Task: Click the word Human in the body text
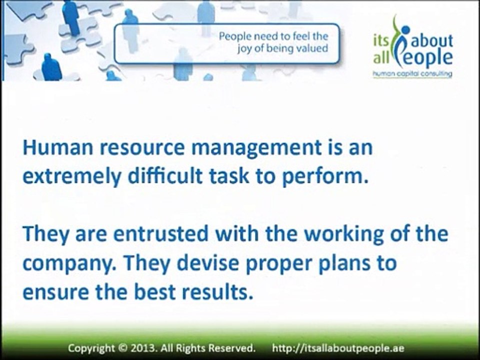57,147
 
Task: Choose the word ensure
56,292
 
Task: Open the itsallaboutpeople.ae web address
338,348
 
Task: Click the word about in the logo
431,40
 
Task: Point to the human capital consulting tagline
412,74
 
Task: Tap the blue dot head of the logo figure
405,30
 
